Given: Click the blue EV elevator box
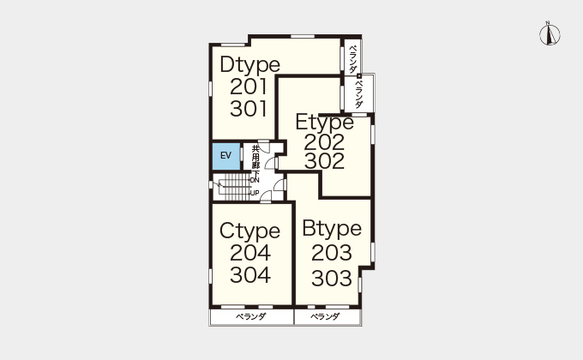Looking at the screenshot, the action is [x=226, y=156].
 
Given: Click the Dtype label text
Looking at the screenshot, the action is [x=249, y=65].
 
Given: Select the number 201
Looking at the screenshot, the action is [x=249, y=87].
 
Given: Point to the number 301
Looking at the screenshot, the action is [x=249, y=109].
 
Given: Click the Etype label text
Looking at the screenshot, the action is [x=325, y=123].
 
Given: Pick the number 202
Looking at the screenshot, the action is [x=324, y=142].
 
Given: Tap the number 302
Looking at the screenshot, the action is [x=324, y=161].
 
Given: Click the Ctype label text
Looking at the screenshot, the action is [x=249, y=231].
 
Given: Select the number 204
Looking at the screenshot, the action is [x=250, y=253].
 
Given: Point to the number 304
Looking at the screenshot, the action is [x=250, y=275].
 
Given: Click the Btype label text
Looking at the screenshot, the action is [x=332, y=229].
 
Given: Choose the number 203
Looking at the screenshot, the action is [x=332, y=253].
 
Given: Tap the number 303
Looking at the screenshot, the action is [x=332, y=279].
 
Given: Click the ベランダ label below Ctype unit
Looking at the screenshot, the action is [x=251, y=317].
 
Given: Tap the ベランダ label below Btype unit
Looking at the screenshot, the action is [x=325, y=317].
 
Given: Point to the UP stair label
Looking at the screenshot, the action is [x=255, y=193].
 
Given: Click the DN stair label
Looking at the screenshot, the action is [x=255, y=180].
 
